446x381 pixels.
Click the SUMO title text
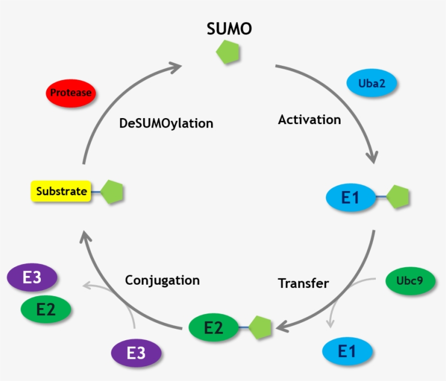[x=229, y=29]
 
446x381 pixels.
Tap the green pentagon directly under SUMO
[x=228, y=53]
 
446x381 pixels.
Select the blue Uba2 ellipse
[x=372, y=84]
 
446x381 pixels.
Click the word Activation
[x=309, y=119]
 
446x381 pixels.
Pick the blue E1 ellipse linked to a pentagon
[x=350, y=198]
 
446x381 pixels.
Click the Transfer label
[x=303, y=283]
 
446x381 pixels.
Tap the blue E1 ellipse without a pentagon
[x=348, y=351]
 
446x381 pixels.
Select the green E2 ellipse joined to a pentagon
[x=213, y=328]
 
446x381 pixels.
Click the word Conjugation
[x=162, y=280]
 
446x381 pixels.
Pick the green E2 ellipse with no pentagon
[x=46, y=309]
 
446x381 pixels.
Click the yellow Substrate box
[x=61, y=192]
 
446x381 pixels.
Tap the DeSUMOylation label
[x=166, y=124]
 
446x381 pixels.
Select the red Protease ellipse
[x=71, y=93]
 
